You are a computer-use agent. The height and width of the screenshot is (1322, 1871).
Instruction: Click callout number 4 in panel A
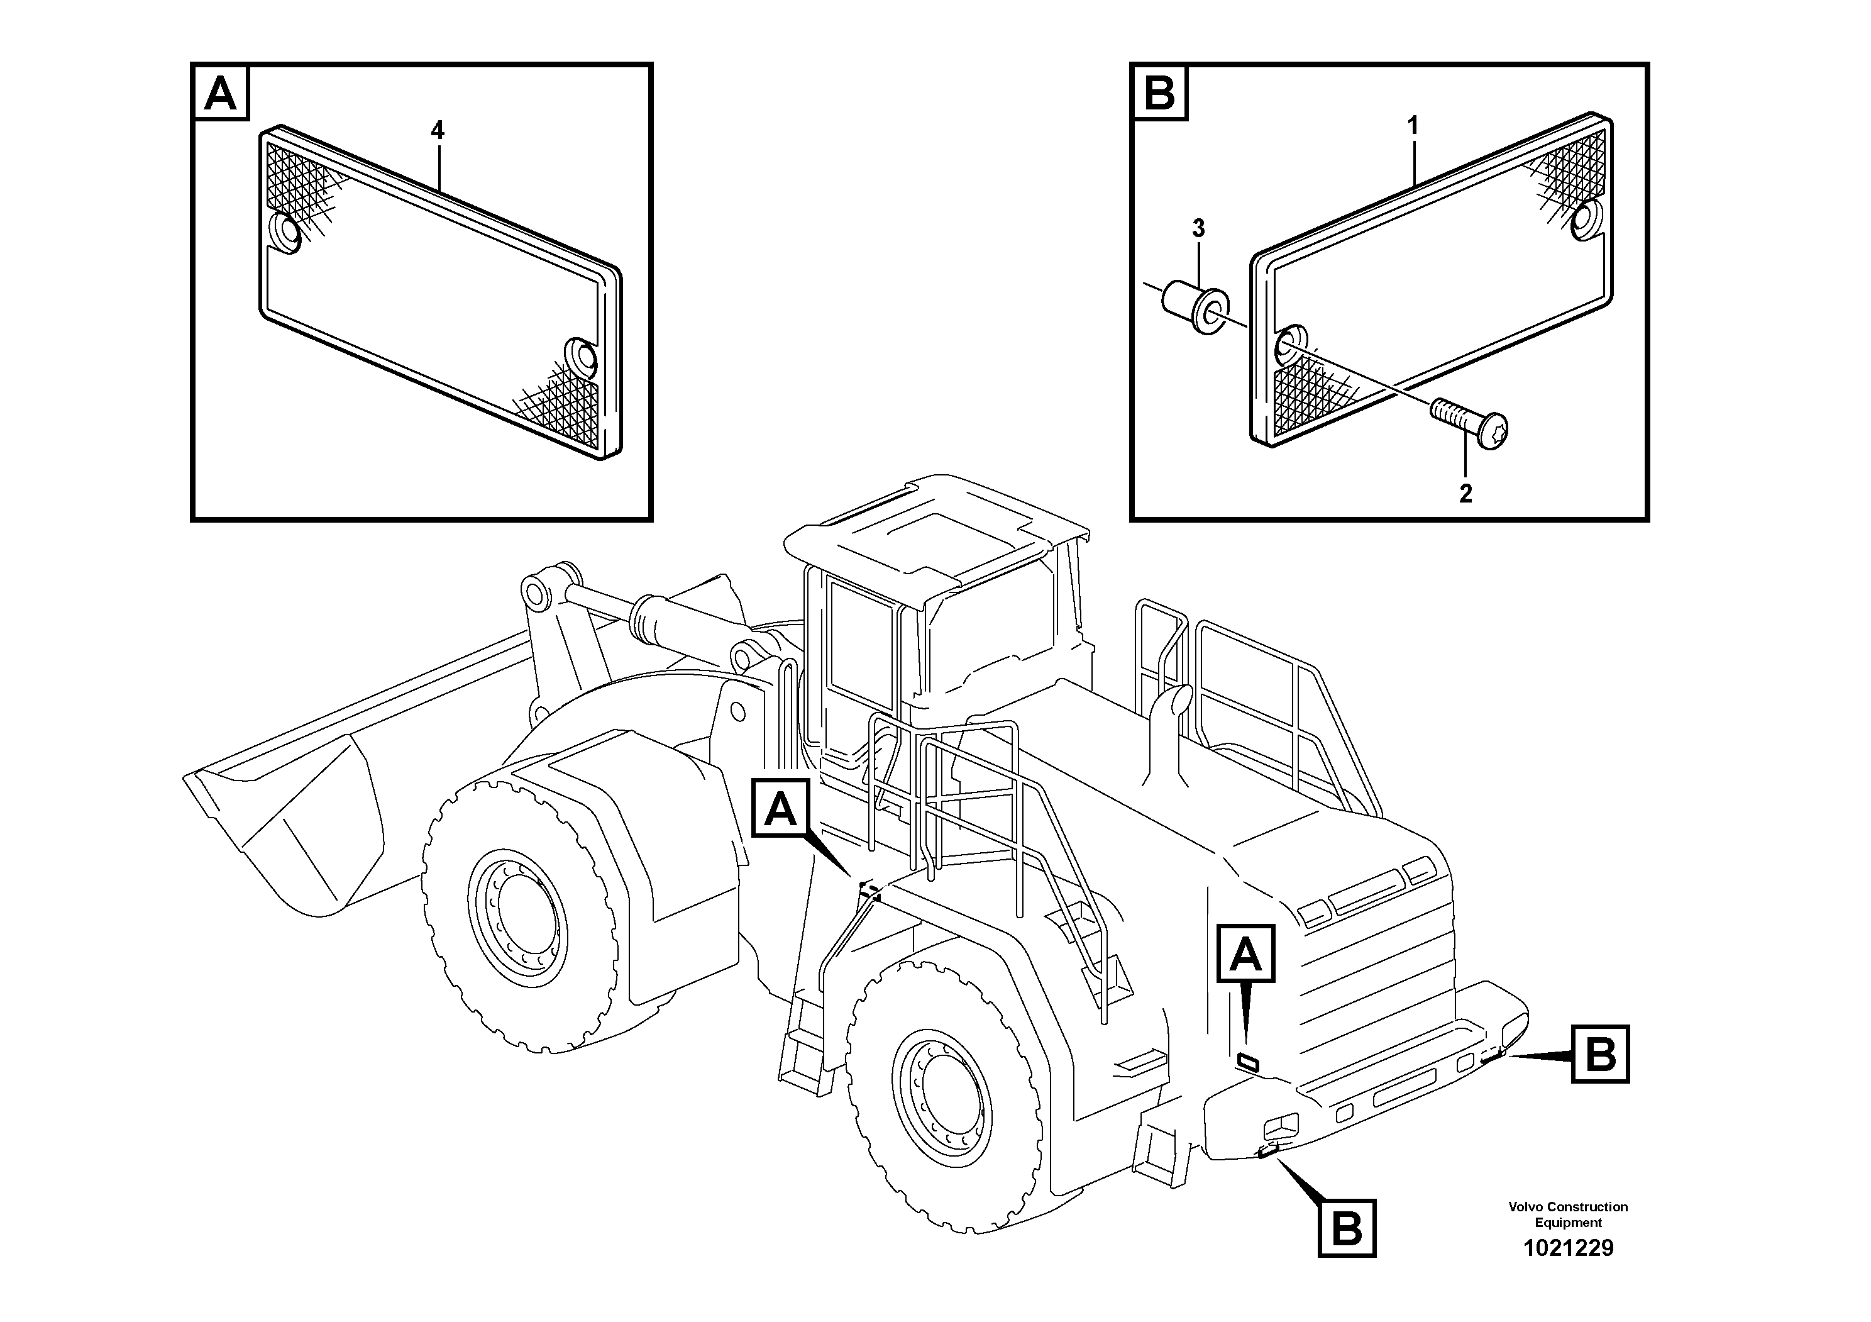[438, 130]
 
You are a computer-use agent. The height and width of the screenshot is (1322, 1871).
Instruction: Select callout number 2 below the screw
[1465, 494]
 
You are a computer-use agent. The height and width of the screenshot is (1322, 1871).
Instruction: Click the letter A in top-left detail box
[221, 93]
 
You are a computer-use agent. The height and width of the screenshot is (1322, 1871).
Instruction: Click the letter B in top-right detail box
[1159, 93]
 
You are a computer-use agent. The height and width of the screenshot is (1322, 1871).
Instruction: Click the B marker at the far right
[1599, 1055]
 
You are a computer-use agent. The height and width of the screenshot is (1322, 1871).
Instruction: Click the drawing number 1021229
[1568, 1248]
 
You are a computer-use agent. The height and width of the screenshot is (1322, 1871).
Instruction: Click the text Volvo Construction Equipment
[1568, 1214]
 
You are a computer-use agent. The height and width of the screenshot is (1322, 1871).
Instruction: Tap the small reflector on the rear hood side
[1247, 1060]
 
